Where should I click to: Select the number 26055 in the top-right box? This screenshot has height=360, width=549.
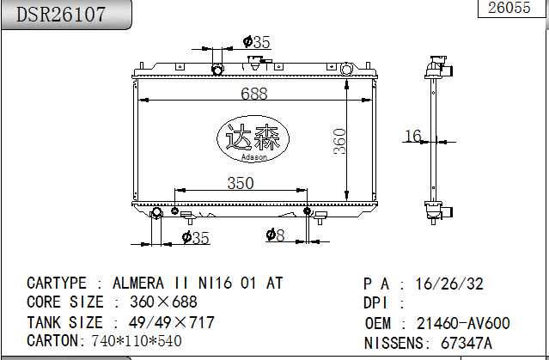coord(509,9)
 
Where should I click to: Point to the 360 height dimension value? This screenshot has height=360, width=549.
coord(339,142)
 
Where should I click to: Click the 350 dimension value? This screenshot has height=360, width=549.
coord(241,183)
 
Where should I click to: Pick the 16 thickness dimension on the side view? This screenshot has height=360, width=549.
coord(413,136)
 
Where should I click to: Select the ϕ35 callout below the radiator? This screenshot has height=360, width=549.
coord(195,238)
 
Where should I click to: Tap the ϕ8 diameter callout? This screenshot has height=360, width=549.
coord(274,235)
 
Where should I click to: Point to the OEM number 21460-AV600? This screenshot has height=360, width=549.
coord(463,323)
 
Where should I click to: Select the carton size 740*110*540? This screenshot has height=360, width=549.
coord(137,341)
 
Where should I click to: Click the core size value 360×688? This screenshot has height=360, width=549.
coord(155,302)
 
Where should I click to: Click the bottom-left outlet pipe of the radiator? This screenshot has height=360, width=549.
coord(157,214)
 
